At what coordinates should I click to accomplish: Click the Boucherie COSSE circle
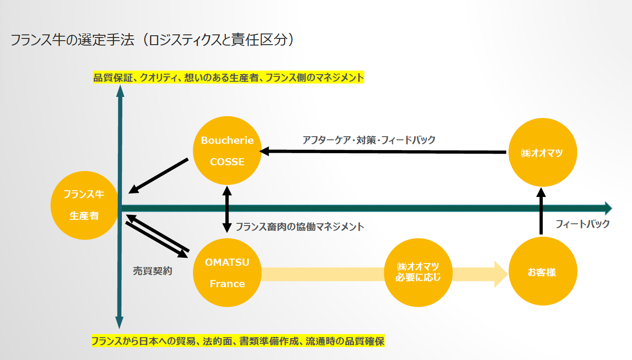227,151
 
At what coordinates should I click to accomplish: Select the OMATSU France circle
227,272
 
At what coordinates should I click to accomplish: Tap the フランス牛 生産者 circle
84,205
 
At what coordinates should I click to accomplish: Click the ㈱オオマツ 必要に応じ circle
418,272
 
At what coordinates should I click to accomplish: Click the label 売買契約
153,270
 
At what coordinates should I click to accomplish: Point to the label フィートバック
582,224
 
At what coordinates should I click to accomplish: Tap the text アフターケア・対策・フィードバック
369,140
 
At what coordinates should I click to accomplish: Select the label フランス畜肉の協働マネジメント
299,226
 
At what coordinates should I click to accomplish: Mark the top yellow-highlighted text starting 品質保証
229,78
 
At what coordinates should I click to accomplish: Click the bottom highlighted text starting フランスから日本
238,341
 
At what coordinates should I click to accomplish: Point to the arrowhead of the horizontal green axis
608,208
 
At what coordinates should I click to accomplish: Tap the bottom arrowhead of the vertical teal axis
119,322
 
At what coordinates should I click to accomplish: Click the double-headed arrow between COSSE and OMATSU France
227,209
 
